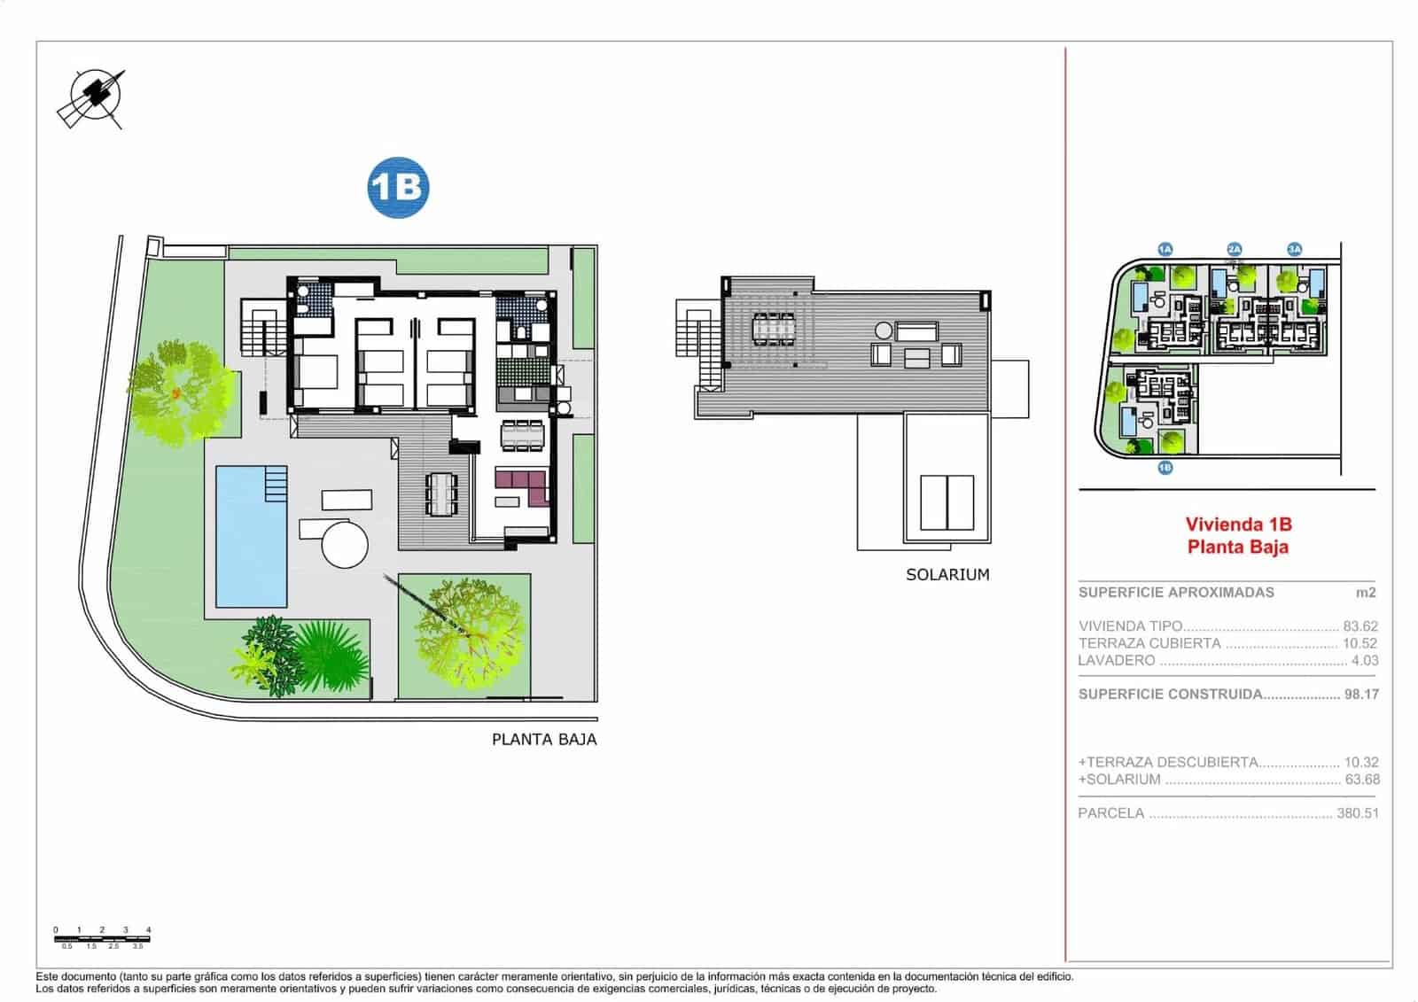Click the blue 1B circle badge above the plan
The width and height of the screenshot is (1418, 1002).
coord(398,187)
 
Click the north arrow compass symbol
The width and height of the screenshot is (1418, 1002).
coord(91,97)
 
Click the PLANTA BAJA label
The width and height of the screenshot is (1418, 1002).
coord(544,740)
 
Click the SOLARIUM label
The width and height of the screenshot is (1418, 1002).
coord(947,574)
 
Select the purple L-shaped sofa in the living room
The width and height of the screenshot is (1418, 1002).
coord(522,486)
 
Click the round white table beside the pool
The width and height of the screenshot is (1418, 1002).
coord(345,543)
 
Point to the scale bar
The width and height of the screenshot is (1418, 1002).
coord(103,937)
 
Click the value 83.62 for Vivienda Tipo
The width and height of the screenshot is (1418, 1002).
coord(1360,626)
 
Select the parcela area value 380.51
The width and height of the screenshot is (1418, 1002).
coord(1357,813)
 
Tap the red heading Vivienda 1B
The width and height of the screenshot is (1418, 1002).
coord(1238,524)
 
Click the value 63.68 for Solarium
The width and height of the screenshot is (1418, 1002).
coord(1361,780)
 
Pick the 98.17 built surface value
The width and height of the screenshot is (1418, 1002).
coord(1361,695)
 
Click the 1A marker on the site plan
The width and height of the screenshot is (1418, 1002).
coord(1165,250)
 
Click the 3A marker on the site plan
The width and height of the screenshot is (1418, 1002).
coord(1295,250)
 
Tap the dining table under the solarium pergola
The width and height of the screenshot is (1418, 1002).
coord(775,328)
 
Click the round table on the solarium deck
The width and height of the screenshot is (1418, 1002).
coord(884,330)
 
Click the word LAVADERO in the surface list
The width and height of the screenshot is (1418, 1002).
coord(1117,661)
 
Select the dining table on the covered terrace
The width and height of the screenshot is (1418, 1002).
coord(441,493)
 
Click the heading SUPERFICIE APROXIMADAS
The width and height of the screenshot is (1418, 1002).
coord(1176,593)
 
